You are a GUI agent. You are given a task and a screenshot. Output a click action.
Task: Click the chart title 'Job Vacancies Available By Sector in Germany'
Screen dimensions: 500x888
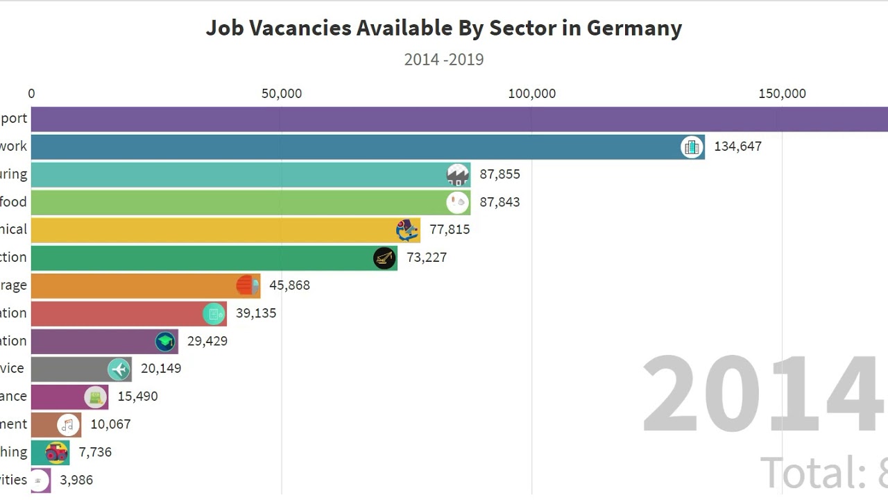click(444, 28)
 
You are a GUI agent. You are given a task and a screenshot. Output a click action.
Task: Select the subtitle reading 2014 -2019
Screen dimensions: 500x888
click(444, 60)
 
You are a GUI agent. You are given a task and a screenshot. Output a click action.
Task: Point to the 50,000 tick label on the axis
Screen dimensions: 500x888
click(282, 94)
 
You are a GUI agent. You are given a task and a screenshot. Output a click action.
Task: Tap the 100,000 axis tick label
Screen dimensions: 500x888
click(532, 94)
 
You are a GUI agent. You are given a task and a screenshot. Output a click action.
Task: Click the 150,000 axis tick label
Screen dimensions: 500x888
click(782, 94)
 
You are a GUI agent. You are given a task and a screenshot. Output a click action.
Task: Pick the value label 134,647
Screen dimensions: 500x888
click(737, 147)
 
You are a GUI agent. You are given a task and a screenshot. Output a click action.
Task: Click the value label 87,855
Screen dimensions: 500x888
click(499, 174)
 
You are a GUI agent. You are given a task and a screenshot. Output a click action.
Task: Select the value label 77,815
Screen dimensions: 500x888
click(450, 230)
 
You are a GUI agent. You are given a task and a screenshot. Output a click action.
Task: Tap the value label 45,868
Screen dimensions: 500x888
click(289, 285)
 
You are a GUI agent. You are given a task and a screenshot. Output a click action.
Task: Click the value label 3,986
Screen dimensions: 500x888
click(76, 480)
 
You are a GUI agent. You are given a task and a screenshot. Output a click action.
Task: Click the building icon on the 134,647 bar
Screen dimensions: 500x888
click(692, 147)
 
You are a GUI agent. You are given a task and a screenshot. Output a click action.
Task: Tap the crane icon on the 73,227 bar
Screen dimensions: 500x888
click(384, 258)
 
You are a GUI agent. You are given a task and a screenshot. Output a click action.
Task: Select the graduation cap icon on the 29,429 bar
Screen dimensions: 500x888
click(165, 341)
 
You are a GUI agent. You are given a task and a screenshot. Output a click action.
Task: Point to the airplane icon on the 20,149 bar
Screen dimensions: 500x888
click(119, 369)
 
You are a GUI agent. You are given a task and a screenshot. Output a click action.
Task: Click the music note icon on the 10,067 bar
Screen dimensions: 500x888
click(68, 424)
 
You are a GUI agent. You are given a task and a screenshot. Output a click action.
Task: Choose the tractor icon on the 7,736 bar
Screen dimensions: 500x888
click(56, 453)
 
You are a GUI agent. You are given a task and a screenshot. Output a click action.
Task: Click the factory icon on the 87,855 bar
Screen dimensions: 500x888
click(458, 174)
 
